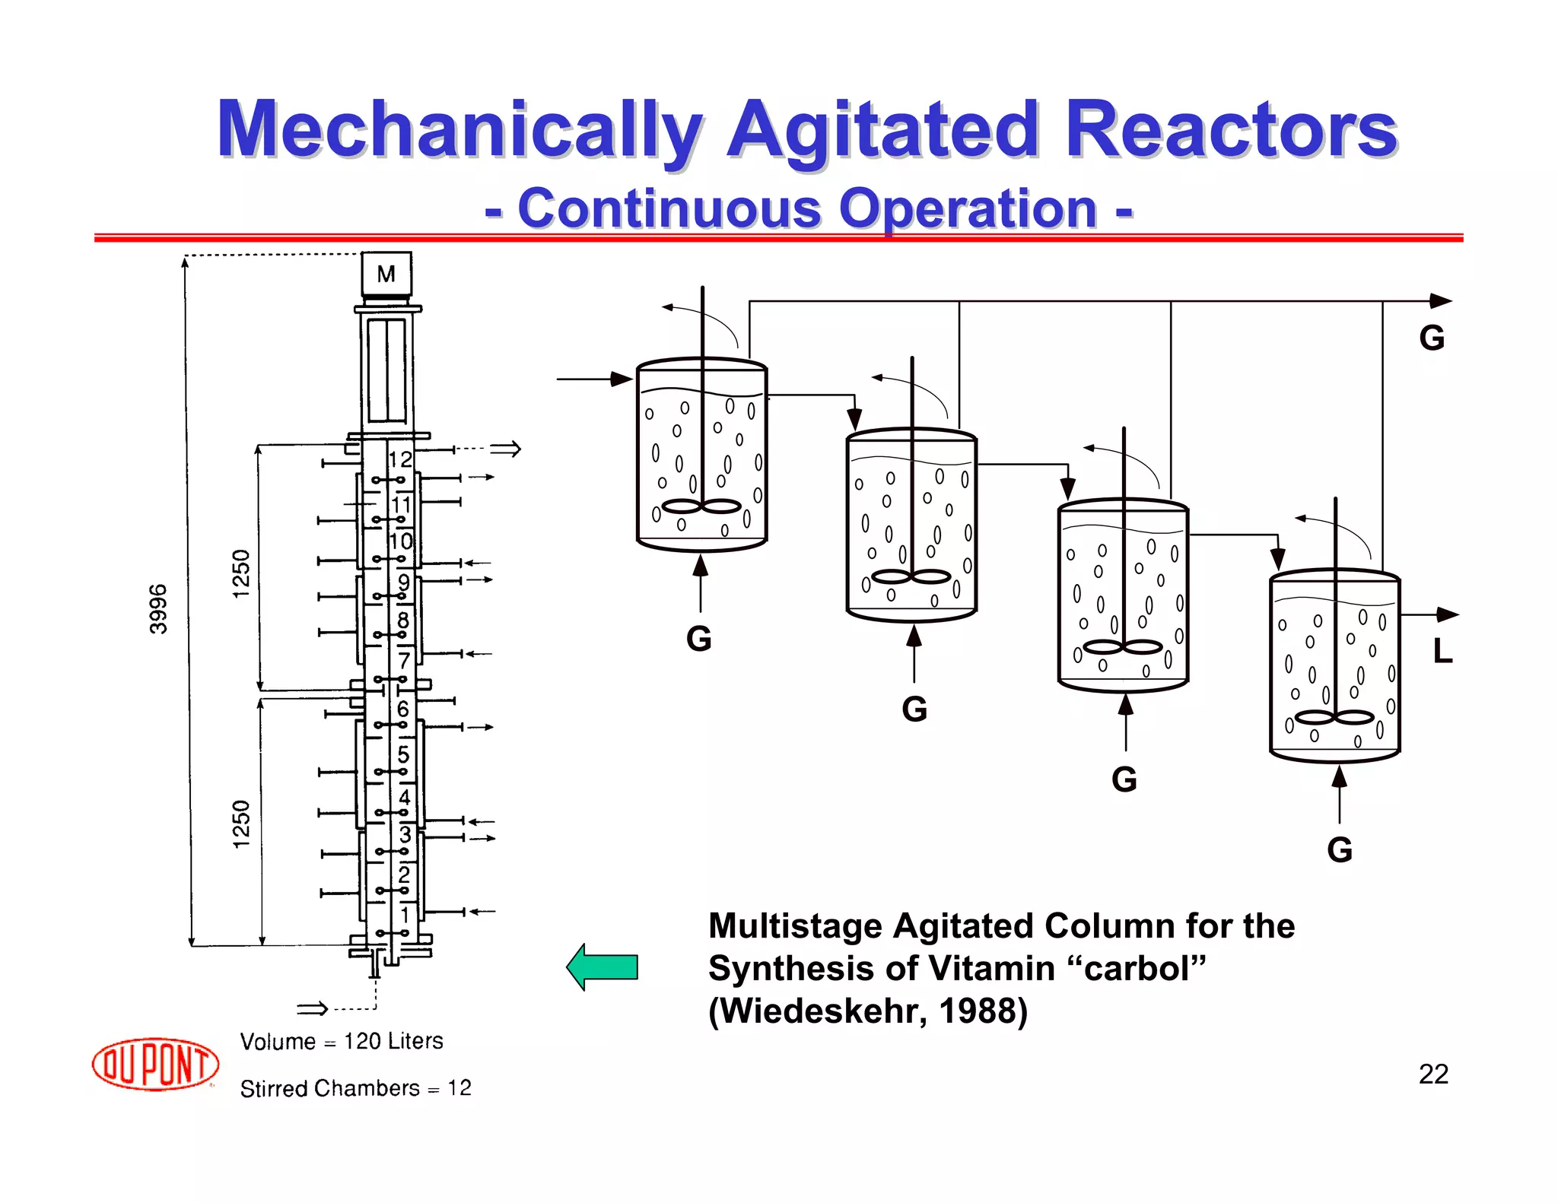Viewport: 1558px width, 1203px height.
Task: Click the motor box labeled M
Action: (386, 275)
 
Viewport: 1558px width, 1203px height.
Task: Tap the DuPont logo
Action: (155, 1064)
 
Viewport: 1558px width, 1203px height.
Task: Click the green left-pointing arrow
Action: (603, 967)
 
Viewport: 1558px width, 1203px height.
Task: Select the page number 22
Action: (1433, 1074)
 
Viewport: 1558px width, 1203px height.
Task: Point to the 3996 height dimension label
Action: (158, 609)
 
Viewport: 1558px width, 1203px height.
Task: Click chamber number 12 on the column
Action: (400, 459)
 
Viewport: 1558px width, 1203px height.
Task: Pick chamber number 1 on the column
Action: (405, 914)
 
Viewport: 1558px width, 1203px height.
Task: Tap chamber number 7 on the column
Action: (404, 660)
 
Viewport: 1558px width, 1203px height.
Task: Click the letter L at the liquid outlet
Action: (1442, 651)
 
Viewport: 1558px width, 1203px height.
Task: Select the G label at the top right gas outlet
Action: (1432, 338)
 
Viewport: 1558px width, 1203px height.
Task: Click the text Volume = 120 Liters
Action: (342, 1041)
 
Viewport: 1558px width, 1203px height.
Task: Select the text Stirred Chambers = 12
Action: (355, 1088)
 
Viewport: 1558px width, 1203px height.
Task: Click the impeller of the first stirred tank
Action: (701, 506)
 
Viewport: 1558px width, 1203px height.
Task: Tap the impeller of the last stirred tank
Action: (1334, 717)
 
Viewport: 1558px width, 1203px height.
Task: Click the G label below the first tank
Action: (699, 639)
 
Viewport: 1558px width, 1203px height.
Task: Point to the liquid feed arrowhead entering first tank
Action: (623, 379)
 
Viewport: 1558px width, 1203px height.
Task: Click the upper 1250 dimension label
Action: (241, 573)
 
